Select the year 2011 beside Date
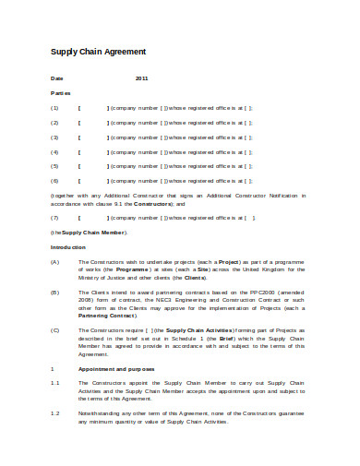tap(141, 79)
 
